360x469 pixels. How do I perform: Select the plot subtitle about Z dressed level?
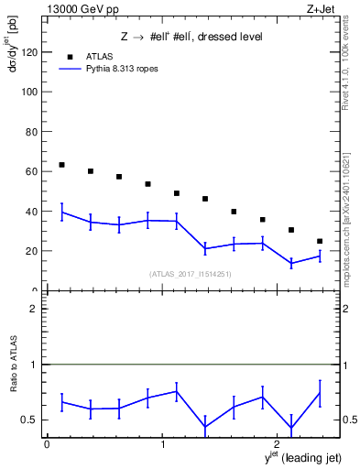click(x=191, y=37)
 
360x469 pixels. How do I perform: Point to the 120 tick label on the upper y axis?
click(x=29, y=53)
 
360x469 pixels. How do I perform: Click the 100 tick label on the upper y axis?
click(x=29, y=93)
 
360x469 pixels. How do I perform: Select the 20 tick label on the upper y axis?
click(x=32, y=251)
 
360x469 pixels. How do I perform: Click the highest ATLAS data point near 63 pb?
click(x=61, y=165)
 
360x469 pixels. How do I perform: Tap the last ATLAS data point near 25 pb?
click(x=320, y=241)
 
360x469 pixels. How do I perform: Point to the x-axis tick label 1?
click(x=162, y=444)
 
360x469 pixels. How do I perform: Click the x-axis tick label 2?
click(x=277, y=444)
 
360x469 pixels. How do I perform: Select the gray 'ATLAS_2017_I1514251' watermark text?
click(x=191, y=274)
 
